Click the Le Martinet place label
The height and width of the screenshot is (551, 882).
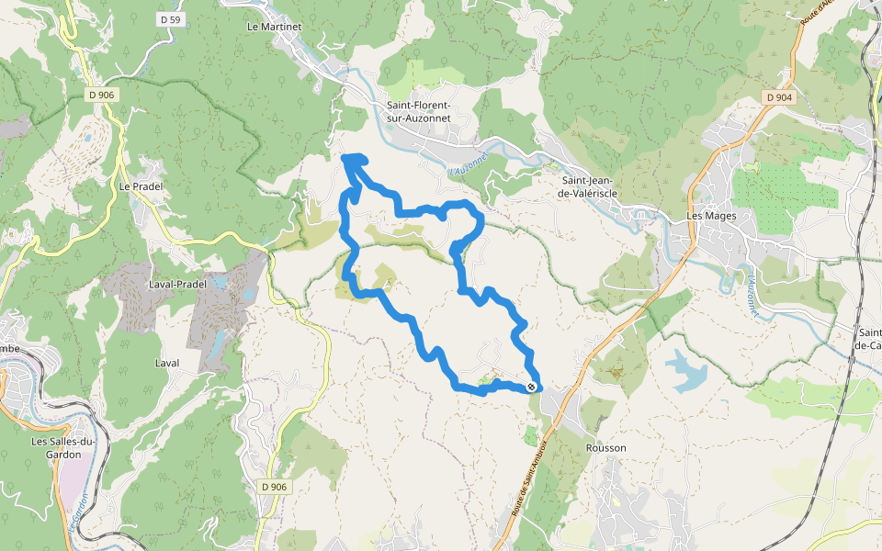click(x=274, y=28)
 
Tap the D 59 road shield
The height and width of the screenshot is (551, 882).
click(x=168, y=18)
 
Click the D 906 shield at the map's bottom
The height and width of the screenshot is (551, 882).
click(x=273, y=487)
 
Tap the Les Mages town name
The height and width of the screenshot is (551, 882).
click(x=712, y=216)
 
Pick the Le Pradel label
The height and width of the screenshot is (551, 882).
click(x=140, y=186)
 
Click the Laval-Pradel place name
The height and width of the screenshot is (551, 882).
click(x=177, y=285)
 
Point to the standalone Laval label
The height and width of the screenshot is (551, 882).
click(x=167, y=364)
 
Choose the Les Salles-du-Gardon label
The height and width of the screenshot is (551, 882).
click(x=64, y=447)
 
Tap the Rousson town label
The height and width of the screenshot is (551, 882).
click(x=605, y=448)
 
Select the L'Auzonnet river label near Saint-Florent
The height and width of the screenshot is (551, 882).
click(x=469, y=165)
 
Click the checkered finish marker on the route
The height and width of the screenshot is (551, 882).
click(x=531, y=388)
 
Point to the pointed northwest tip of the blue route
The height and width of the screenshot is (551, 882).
click(x=345, y=158)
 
